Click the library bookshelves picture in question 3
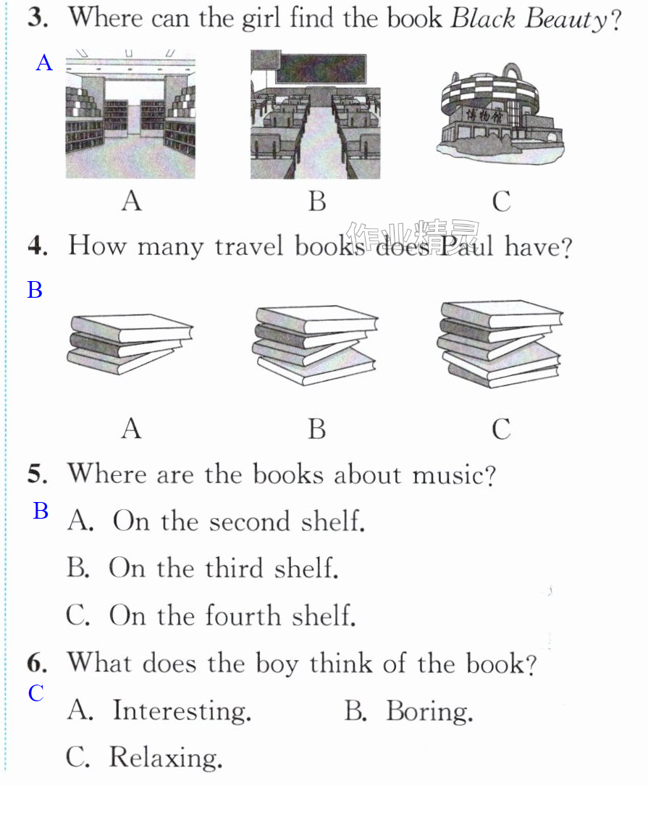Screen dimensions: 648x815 pos(130,114)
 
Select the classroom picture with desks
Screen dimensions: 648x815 pos(316,114)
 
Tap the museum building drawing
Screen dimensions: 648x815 pos(500,113)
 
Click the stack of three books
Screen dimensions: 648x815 pos(130,343)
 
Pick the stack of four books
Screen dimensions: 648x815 pos(315,345)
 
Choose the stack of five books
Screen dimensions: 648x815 pos(500,343)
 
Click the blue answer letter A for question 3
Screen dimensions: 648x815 pos(44,63)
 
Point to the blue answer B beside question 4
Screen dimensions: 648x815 pos(35,290)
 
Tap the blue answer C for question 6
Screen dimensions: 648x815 pos(36,693)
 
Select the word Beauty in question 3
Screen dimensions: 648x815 pos(566,20)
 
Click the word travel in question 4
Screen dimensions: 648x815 pos(249,246)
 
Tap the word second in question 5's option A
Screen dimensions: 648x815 pos(250,522)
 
